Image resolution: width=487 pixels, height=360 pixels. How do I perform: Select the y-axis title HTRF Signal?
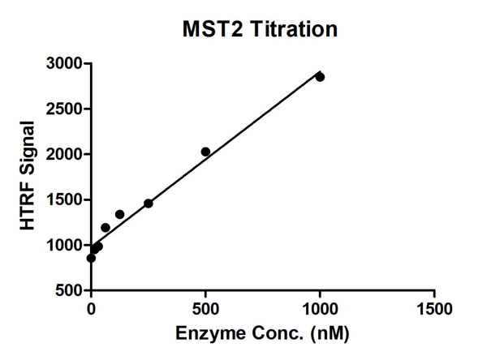click(x=28, y=176)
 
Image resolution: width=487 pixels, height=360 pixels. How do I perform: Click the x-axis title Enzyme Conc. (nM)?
click(x=262, y=334)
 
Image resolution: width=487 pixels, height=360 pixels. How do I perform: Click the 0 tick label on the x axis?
click(x=91, y=310)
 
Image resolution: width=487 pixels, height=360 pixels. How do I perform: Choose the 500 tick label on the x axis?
click(x=205, y=310)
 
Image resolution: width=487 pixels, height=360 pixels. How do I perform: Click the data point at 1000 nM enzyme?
click(x=320, y=77)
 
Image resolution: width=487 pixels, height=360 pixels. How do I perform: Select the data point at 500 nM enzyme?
click(x=205, y=152)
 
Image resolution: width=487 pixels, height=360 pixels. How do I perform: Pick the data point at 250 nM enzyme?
click(x=149, y=204)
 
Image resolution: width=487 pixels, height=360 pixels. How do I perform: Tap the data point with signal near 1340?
click(x=119, y=214)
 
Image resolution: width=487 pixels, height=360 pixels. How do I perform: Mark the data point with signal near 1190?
click(x=106, y=228)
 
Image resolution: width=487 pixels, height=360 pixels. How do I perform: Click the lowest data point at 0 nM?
click(x=91, y=258)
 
